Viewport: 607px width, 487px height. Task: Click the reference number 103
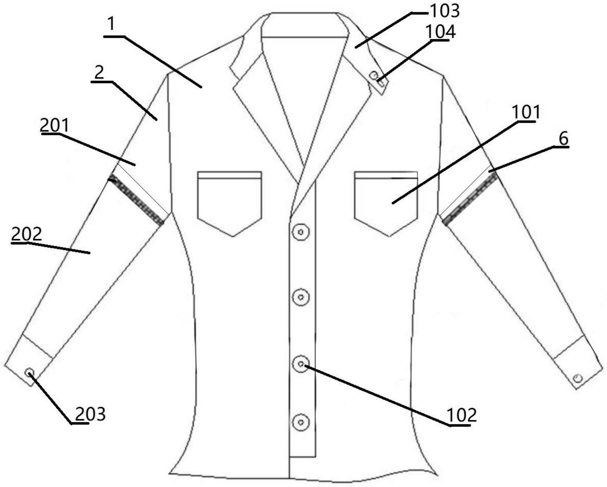(444, 11)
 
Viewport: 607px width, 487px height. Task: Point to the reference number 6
(563, 139)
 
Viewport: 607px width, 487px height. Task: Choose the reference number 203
(90, 414)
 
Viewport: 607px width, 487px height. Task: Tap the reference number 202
(26, 234)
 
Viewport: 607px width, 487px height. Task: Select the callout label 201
(55, 126)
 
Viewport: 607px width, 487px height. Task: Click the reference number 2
(99, 73)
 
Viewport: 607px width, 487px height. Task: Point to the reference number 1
(111, 24)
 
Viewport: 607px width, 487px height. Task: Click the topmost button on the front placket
(301, 232)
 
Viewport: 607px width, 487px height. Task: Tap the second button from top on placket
(301, 297)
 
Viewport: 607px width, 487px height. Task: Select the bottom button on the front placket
(301, 422)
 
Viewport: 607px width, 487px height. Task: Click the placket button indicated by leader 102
(301, 364)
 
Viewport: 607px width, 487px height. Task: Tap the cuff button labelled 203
(30, 373)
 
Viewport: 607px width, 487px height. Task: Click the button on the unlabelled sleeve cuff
(578, 378)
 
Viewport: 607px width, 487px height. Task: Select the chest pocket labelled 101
(386, 202)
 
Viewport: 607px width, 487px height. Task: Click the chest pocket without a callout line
(230, 202)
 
